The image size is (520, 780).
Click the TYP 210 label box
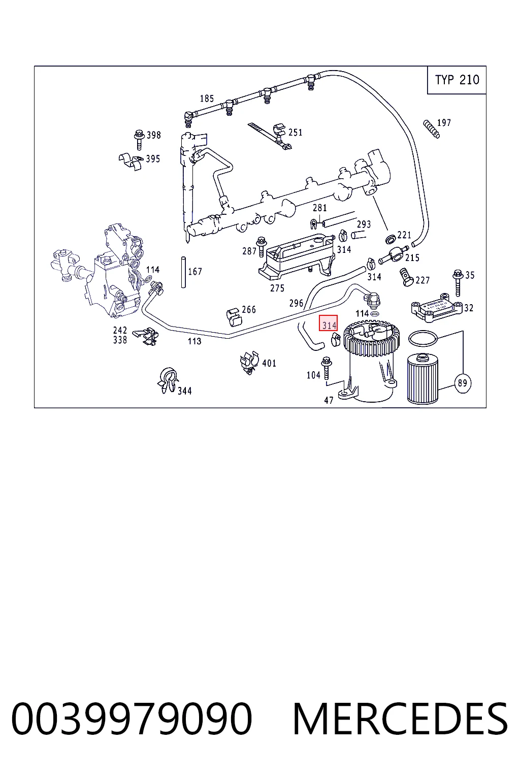456,80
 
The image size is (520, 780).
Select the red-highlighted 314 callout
328,323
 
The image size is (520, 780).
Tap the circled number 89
462,383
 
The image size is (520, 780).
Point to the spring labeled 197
431,129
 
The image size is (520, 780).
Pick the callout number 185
207,99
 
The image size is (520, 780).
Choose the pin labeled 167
183,272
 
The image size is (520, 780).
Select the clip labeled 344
168,380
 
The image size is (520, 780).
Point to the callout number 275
277,288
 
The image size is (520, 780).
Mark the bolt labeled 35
458,283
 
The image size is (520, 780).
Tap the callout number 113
194,341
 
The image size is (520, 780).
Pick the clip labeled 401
249,363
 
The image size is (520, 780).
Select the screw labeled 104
327,368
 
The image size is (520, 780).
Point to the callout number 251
295,133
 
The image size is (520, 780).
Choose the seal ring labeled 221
391,239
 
